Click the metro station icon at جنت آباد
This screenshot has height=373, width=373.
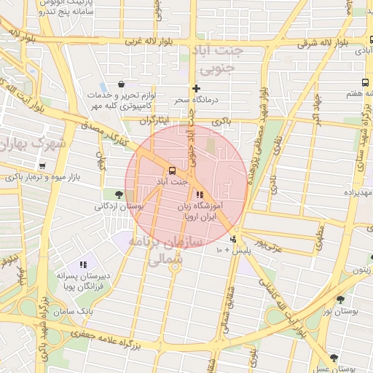tap(172, 171)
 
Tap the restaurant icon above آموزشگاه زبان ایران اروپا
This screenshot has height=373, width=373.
tap(200, 195)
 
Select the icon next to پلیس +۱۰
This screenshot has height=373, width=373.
tap(233, 240)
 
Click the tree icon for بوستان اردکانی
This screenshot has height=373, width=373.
tap(118, 194)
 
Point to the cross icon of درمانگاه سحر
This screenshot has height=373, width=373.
tap(195, 87)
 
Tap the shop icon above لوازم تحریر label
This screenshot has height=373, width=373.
tap(120, 84)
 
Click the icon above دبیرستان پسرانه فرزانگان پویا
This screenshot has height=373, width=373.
tap(84, 264)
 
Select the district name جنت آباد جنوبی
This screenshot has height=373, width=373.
tap(214, 60)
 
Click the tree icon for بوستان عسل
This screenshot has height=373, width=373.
tap(334, 358)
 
